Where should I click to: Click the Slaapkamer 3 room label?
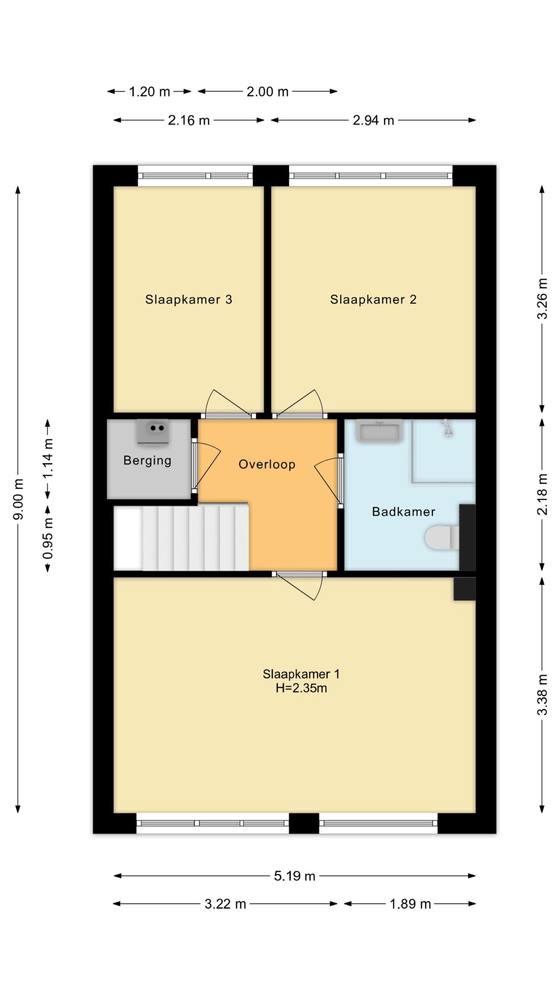(189, 299)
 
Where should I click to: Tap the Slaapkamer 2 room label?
(373, 299)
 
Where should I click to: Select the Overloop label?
(267, 464)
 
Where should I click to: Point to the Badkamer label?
(404, 511)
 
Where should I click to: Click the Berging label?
(147, 461)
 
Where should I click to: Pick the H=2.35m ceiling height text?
(301, 688)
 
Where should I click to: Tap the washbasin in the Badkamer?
(379, 431)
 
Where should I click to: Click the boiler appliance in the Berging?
(153, 431)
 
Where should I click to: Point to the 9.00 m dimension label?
(18, 499)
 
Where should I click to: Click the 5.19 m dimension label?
(294, 876)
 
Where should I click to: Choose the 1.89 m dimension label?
(410, 904)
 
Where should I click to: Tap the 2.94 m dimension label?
(373, 120)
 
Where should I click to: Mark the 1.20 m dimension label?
(149, 92)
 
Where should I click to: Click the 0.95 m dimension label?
(48, 538)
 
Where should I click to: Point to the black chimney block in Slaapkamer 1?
(464, 589)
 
